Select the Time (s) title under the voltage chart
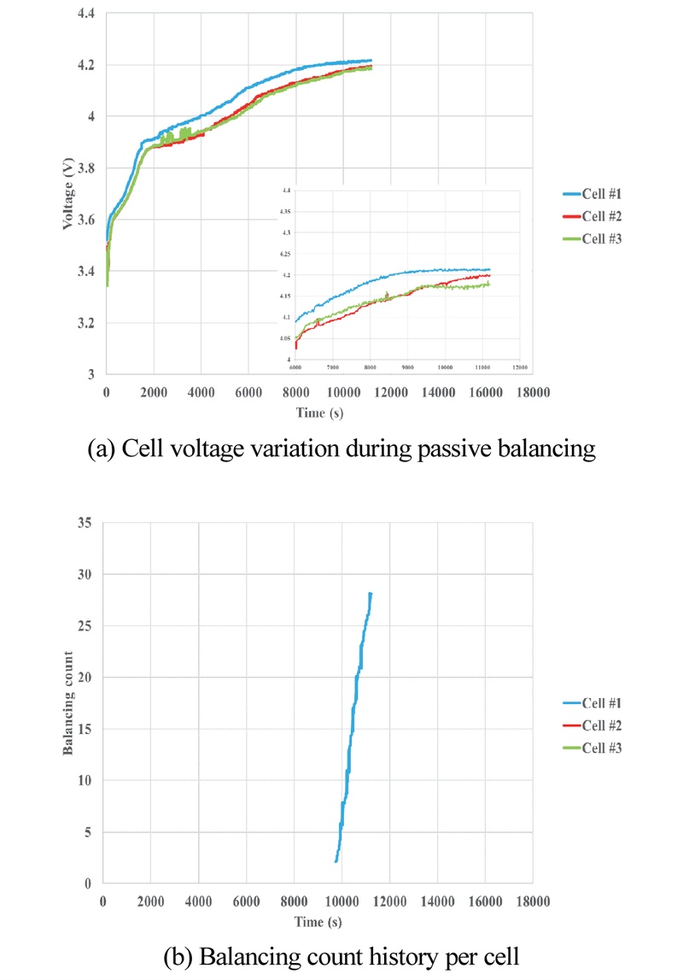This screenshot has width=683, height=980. coord(317,413)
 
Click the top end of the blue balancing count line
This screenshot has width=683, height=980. coord(371,594)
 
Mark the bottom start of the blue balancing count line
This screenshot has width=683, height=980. coord(336,861)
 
